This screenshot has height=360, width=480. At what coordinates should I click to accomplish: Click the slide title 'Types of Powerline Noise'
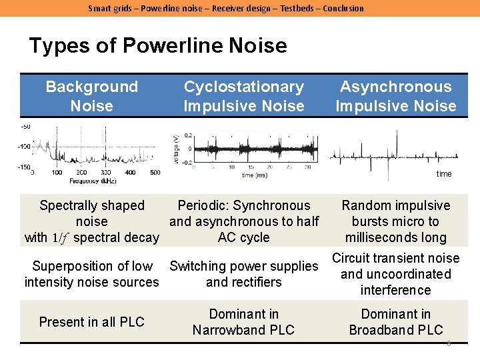coord(158,46)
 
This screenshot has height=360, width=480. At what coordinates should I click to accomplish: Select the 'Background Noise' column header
coord(91,96)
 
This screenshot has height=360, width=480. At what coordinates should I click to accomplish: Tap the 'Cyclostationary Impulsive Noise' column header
coord(243,96)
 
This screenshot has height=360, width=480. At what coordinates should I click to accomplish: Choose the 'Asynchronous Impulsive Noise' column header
coord(395,96)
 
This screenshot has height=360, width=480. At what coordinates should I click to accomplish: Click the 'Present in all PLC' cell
coord(91,322)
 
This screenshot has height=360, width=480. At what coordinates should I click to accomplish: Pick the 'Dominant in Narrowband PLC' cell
coord(243,322)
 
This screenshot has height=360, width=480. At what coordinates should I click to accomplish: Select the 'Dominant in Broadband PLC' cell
coord(395,322)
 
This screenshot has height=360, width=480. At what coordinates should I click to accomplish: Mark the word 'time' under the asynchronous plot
coord(444,174)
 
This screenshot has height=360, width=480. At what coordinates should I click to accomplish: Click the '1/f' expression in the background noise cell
coord(61,238)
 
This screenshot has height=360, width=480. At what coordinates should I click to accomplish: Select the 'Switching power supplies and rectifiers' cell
coord(243,274)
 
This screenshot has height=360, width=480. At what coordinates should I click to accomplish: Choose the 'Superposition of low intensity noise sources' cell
coord(91,274)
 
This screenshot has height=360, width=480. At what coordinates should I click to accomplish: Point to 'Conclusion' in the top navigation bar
coord(343,8)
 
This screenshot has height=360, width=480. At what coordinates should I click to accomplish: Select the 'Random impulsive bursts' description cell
coord(395,221)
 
